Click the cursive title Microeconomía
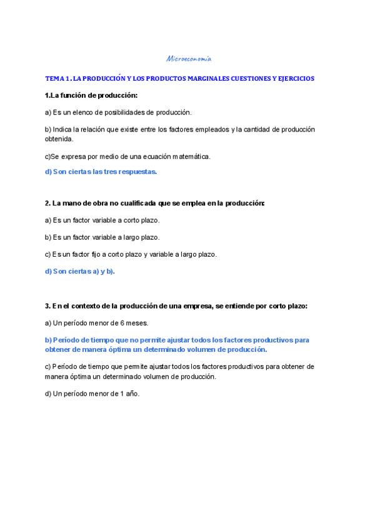(189, 59)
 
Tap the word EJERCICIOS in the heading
(294, 79)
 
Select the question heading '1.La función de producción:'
(91, 95)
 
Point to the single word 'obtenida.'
(59, 139)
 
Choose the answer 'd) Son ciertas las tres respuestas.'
(101, 172)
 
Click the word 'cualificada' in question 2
(132, 204)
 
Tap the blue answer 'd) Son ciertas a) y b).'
(80, 271)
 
